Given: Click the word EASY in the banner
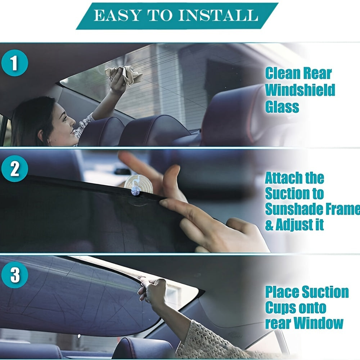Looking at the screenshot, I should pos(112,15).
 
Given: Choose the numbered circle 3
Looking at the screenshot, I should pos(14,275).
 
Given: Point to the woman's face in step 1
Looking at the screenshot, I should pos(65,121).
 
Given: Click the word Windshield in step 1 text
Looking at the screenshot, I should pos(300,90).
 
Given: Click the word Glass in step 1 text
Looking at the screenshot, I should pos(282,107).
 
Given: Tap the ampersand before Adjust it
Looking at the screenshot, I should pos(269,225).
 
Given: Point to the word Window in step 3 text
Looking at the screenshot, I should pos(319,323).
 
